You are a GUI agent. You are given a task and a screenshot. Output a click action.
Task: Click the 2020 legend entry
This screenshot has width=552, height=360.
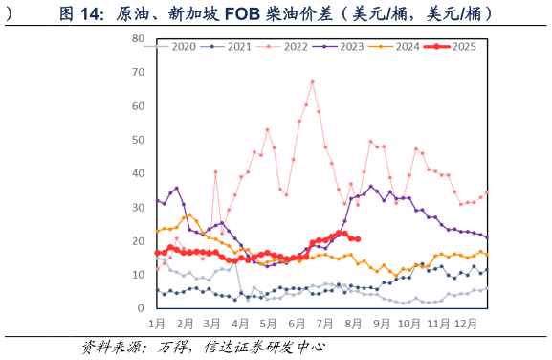coord(177,46)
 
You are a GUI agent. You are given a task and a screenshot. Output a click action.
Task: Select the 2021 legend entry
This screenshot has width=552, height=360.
coord(233,46)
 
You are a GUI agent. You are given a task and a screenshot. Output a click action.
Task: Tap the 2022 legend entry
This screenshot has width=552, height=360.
coord(290,46)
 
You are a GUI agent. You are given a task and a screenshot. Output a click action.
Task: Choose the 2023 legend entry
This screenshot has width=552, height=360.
coord(345,46)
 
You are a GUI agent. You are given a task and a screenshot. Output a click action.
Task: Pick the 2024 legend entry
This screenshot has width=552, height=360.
coord(402,46)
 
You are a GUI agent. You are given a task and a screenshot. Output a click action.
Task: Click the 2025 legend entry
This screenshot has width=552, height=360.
coord(458,46)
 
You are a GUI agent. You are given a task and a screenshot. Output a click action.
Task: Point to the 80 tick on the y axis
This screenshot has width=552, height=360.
coord(139,38)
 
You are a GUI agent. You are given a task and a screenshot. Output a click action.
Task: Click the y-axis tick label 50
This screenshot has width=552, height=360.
coord(139,140)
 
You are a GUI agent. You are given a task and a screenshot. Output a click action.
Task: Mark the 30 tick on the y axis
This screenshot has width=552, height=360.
coord(139,207)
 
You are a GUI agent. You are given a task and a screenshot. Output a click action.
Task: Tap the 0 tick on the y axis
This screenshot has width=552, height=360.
coord(142,308)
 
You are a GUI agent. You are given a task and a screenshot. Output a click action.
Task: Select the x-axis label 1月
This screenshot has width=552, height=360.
coord(157,325)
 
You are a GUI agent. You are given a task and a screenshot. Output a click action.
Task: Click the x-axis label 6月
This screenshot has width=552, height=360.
coord(297,325)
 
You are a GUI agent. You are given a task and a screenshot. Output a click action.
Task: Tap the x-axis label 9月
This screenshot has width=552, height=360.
coord(382,325)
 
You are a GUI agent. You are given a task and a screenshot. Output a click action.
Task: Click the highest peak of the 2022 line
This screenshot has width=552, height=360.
coord(312,81)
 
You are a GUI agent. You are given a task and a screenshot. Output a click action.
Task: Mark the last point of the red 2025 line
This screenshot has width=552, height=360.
coord(357,238)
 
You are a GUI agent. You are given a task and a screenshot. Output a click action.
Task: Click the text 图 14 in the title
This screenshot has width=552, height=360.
coord(81,13)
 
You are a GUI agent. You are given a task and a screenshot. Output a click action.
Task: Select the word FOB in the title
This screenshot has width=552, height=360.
coord(269,13)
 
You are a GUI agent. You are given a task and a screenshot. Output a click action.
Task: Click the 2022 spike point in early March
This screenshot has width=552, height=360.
coord(216,172)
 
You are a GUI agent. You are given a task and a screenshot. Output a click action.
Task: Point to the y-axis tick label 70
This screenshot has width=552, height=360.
coord(139,72)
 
